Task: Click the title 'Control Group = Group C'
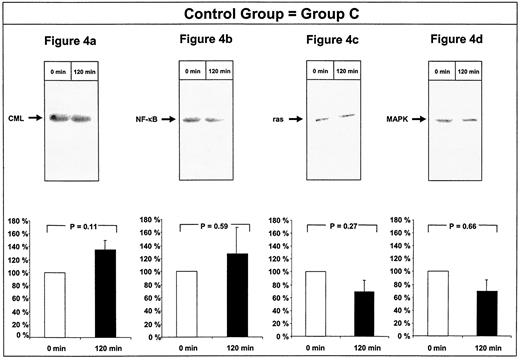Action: [260, 15]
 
